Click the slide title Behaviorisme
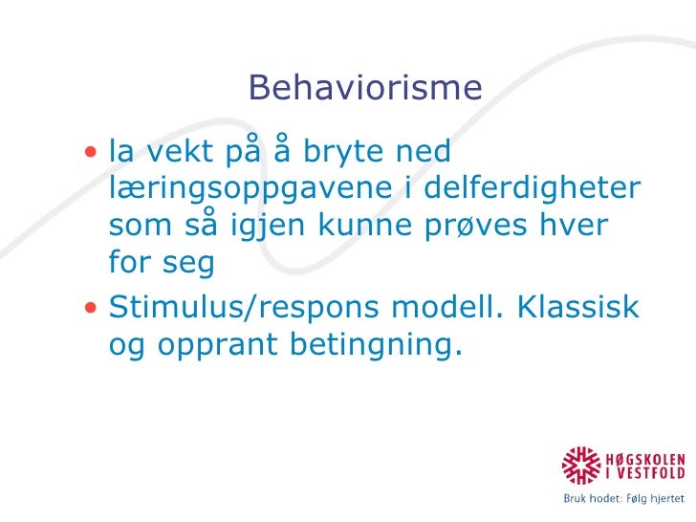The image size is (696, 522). coord(365,88)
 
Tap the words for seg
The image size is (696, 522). coord(161,260)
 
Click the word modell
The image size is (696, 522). coord(446,309)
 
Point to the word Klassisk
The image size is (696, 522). coord(577,309)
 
